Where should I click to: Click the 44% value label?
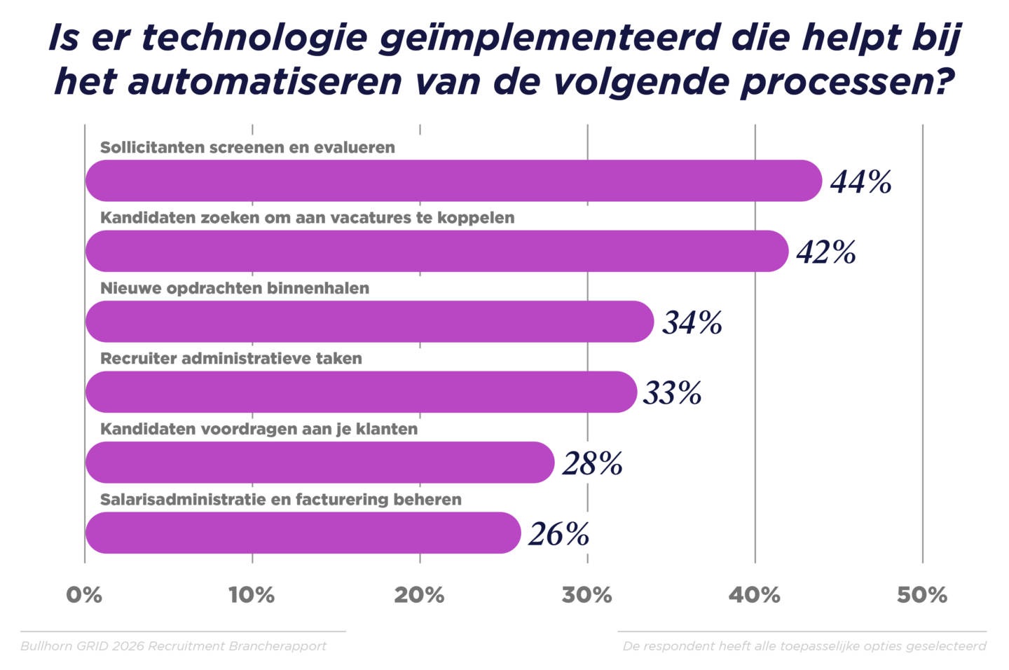(x=860, y=182)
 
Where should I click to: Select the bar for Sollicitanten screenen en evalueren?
(x=453, y=181)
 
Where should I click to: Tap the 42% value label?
(x=826, y=252)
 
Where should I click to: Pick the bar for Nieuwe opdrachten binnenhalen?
(x=369, y=322)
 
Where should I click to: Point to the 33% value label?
(x=673, y=393)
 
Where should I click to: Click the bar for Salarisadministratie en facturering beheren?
(x=303, y=533)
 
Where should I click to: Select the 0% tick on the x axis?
(x=84, y=595)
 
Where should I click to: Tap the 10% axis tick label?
(x=252, y=595)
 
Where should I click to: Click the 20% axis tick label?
(x=419, y=595)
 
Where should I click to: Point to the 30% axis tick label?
(x=586, y=595)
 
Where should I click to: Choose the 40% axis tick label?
(x=754, y=595)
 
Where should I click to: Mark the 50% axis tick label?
(x=922, y=595)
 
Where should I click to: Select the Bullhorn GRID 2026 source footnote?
(x=173, y=646)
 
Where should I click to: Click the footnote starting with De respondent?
(x=804, y=646)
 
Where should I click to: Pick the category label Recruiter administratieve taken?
(x=231, y=359)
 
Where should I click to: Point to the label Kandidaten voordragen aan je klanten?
(x=259, y=429)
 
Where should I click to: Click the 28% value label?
(x=592, y=464)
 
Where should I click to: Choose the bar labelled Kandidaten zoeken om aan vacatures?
(x=437, y=251)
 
